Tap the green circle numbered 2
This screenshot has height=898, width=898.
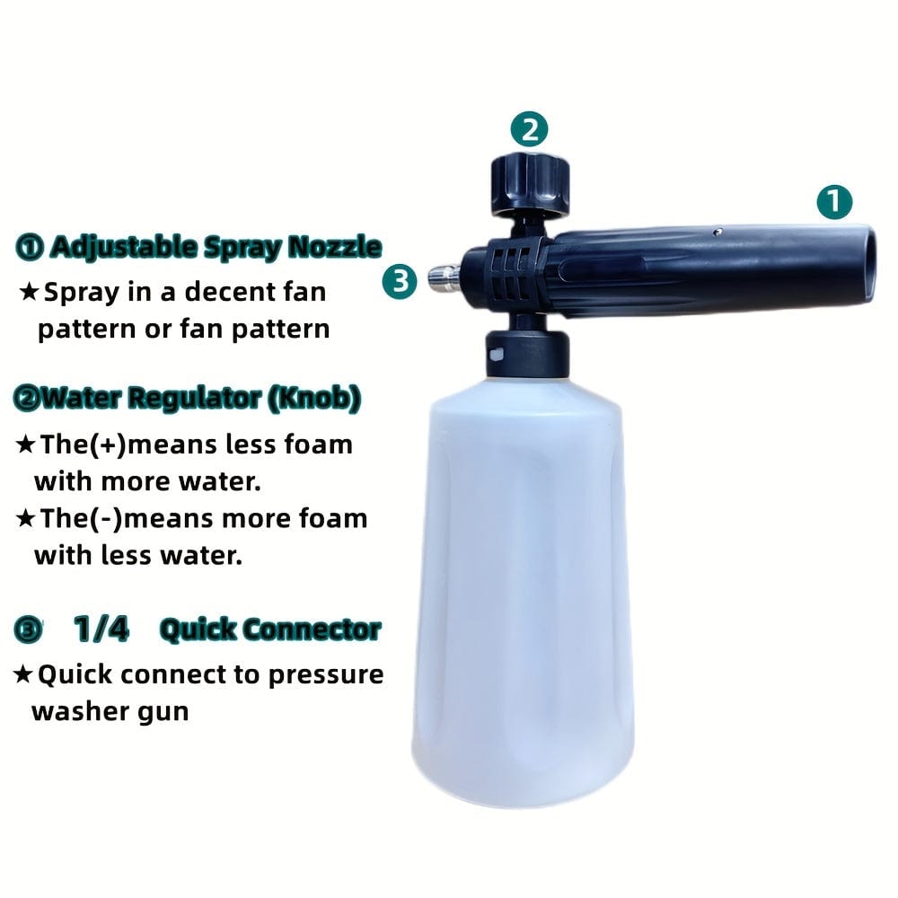(530, 129)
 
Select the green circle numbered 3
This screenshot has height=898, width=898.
(400, 282)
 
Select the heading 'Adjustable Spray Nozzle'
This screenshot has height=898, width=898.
(216, 248)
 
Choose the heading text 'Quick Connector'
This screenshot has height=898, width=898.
(269, 630)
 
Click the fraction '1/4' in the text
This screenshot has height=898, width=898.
(101, 630)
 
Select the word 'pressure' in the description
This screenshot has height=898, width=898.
(325, 674)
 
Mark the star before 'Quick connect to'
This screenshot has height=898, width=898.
(24, 674)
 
